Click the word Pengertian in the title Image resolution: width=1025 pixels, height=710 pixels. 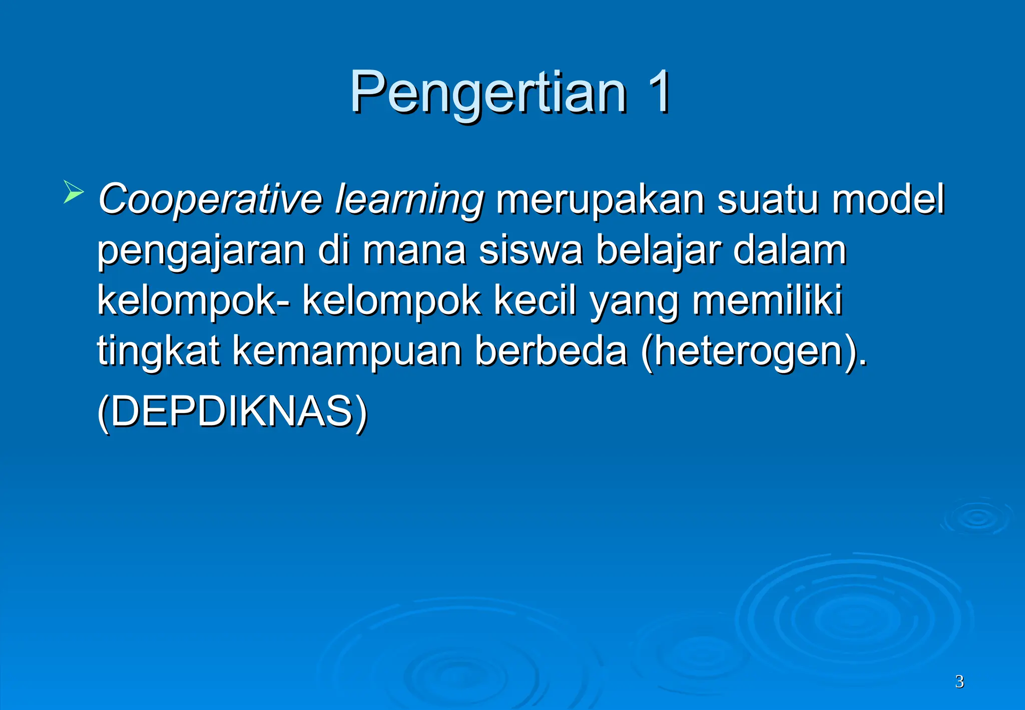pyautogui.click(x=488, y=93)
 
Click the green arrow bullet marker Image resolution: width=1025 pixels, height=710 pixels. pyautogui.click(x=73, y=192)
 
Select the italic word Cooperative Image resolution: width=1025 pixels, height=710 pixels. pyautogui.click(x=210, y=199)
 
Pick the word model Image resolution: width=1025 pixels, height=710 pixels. pyautogui.click(x=888, y=198)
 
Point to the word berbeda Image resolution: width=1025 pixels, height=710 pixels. pyautogui.click(x=551, y=350)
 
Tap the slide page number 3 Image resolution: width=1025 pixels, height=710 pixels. pyautogui.click(x=959, y=681)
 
